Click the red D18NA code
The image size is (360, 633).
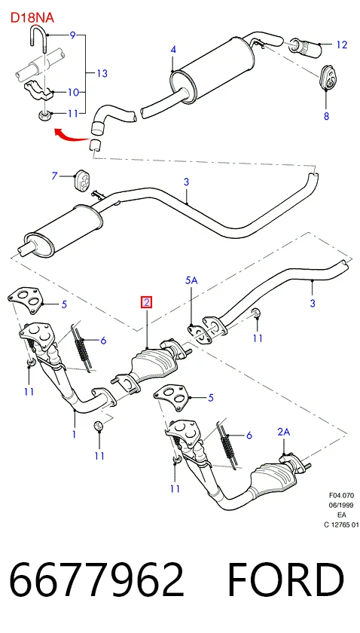tap(32, 18)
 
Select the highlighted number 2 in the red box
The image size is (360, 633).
tap(145, 302)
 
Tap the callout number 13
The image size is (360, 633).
tap(102, 73)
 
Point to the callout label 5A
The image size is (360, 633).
tap(191, 280)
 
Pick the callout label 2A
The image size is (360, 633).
tap(284, 432)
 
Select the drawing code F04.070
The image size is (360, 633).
tap(341, 495)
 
